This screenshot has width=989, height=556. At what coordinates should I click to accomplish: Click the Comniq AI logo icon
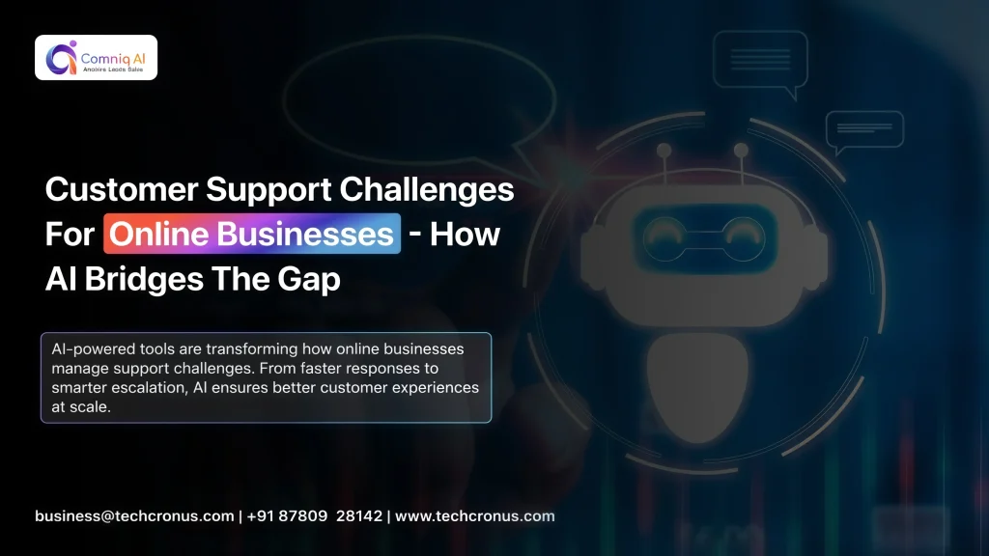(61, 57)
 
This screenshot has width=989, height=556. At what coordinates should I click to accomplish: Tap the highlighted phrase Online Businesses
(251, 235)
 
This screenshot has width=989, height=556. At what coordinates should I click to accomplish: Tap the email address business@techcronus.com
(134, 515)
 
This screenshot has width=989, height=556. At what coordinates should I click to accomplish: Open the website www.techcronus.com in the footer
(475, 515)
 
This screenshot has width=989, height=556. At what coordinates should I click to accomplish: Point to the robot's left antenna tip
(664, 151)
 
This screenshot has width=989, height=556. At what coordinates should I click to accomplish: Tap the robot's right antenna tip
(741, 151)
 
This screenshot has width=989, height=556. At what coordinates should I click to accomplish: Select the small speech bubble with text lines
(863, 130)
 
